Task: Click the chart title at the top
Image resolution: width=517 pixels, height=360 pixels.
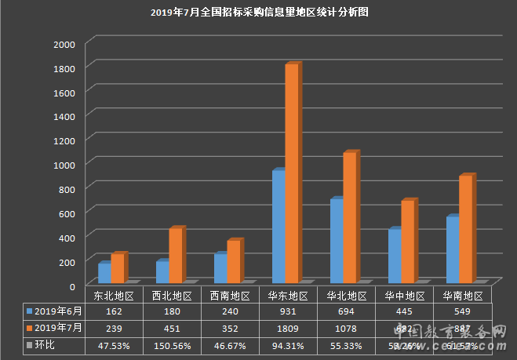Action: (258, 13)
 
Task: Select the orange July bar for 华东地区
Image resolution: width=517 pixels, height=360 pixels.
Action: (291, 173)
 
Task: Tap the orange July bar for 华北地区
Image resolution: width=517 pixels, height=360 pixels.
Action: (349, 217)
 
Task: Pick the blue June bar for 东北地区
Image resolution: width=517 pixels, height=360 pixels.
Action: (104, 272)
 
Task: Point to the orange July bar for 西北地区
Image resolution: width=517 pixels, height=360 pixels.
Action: (175, 255)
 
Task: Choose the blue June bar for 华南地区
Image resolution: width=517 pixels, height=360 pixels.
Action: (452, 249)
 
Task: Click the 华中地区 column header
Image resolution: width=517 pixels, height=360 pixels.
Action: (405, 296)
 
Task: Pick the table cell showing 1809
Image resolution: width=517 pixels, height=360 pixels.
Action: (288, 328)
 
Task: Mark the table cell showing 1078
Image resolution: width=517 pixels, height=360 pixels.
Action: (346, 328)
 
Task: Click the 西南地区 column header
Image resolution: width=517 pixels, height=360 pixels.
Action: (230, 296)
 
